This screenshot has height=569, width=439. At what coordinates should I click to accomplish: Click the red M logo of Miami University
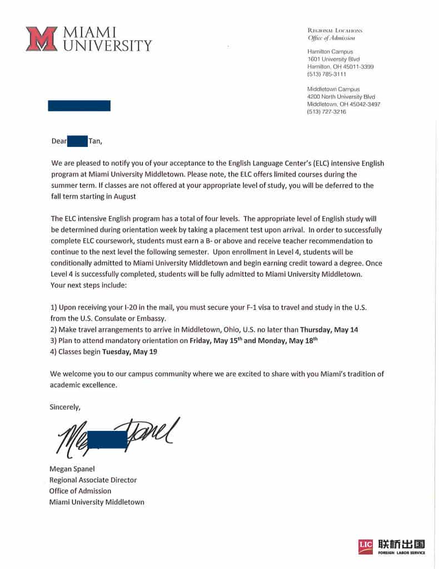[41, 39]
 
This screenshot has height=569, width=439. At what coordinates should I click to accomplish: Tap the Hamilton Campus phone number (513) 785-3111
[327, 74]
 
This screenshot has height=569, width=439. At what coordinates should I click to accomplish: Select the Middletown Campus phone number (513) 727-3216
[327, 112]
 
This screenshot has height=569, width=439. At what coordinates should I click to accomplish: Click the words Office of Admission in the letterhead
[331, 38]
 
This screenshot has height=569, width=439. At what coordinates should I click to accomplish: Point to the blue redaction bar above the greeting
[79, 105]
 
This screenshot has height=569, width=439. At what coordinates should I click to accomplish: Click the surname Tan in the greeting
[94, 141]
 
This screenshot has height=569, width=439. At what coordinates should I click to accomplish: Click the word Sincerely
[65, 407]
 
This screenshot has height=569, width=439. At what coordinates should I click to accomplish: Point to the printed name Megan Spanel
[72, 469]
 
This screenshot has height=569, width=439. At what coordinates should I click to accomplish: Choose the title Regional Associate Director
[93, 480]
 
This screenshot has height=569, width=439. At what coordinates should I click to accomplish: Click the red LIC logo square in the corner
[366, 546]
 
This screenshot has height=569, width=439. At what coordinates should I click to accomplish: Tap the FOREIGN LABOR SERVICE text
[402, 552]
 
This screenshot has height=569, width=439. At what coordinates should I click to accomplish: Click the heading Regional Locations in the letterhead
[335, 30]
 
